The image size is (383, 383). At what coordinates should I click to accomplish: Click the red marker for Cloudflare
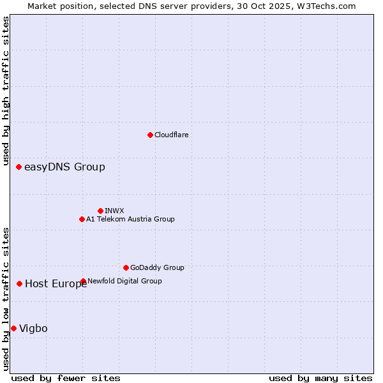[150, 135]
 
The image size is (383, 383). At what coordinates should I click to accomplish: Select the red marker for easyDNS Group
[19, 167]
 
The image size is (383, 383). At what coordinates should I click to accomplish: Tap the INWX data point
[100, 211]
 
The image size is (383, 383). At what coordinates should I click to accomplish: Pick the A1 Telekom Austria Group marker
[82, 219]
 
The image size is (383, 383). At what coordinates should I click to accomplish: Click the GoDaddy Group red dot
[126, 267]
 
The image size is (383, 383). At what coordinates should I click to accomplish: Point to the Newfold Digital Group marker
[83, 281]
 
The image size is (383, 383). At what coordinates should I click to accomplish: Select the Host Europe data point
[20, 283]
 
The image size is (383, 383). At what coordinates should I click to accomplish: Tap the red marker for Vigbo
[14, 328]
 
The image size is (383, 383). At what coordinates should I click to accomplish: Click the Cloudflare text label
[171, 135]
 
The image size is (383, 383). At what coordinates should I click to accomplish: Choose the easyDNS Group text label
[64, 167]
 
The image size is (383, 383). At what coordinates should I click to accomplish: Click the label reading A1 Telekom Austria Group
[130, 219]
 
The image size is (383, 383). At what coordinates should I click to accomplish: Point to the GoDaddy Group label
[157, 267]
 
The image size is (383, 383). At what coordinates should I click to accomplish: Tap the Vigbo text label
[33, 328]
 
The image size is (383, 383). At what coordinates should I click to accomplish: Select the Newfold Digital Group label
[124, 281]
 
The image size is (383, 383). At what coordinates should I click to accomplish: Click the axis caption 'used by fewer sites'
[66, 378]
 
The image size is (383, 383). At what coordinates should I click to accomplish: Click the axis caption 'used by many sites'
[320, 378]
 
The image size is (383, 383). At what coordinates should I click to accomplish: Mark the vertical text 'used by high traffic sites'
[6, 91]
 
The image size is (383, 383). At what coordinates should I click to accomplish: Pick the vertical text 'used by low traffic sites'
[6, 299]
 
